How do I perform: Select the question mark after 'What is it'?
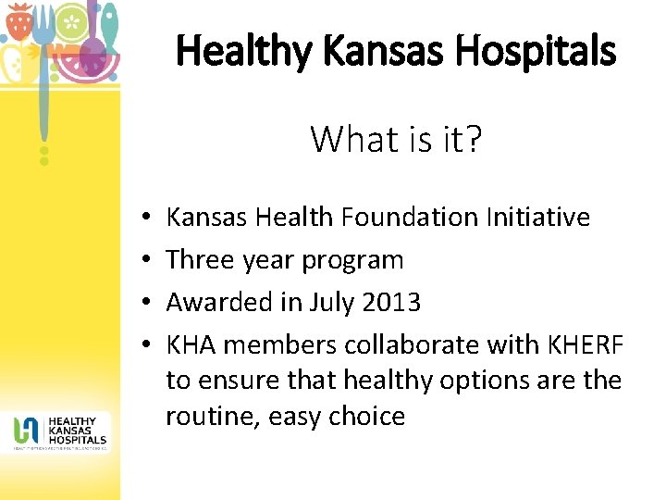[x=473, y=139]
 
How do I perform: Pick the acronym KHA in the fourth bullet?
[x=191, y=344]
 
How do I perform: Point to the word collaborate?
[x=402, y=344]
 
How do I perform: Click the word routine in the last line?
[x=211, y=416]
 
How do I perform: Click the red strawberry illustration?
[x=18, y=20]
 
